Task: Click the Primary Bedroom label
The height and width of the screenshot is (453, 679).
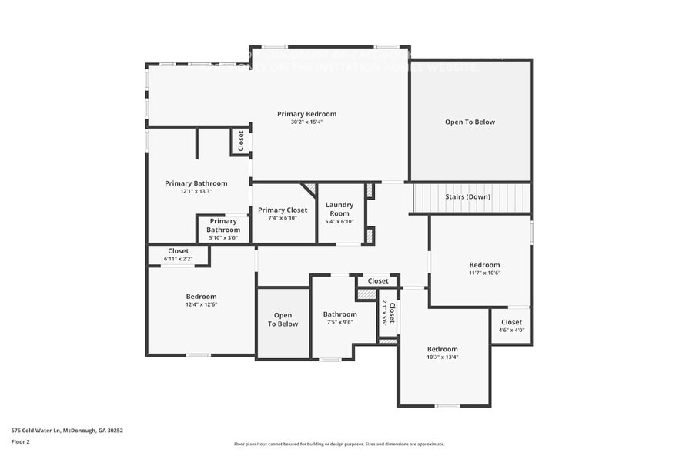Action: (306, 114)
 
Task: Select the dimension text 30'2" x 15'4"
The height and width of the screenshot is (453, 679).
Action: (306, 122)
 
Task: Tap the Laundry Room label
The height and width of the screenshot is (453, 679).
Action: (339, 209)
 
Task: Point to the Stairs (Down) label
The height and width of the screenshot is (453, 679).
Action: (467, 196)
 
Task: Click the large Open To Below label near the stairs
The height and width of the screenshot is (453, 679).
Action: (470, 122)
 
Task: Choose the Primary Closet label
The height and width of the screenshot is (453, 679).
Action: (283, 210)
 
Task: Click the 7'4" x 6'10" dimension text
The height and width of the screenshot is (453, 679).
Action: (283, 218)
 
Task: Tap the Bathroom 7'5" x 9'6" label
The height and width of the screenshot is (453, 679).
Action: (339, 314)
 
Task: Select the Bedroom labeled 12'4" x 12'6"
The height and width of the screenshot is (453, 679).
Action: (201, 297)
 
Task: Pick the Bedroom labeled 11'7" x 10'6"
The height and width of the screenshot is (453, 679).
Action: (484, 265)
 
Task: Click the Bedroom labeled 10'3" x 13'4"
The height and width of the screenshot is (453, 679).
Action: (443, 349)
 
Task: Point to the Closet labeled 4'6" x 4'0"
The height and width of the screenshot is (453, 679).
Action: (511, 322)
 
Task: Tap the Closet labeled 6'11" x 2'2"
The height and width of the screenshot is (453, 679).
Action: (179, 251)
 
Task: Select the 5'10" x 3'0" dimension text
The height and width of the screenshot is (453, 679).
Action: (222, 237)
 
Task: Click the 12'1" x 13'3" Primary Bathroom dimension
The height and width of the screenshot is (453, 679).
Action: (196, 191)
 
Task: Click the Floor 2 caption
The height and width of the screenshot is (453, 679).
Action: (20, 441)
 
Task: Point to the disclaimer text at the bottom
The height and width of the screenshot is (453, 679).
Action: (339, 444)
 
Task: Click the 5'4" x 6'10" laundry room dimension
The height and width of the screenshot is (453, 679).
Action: (339, 222)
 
